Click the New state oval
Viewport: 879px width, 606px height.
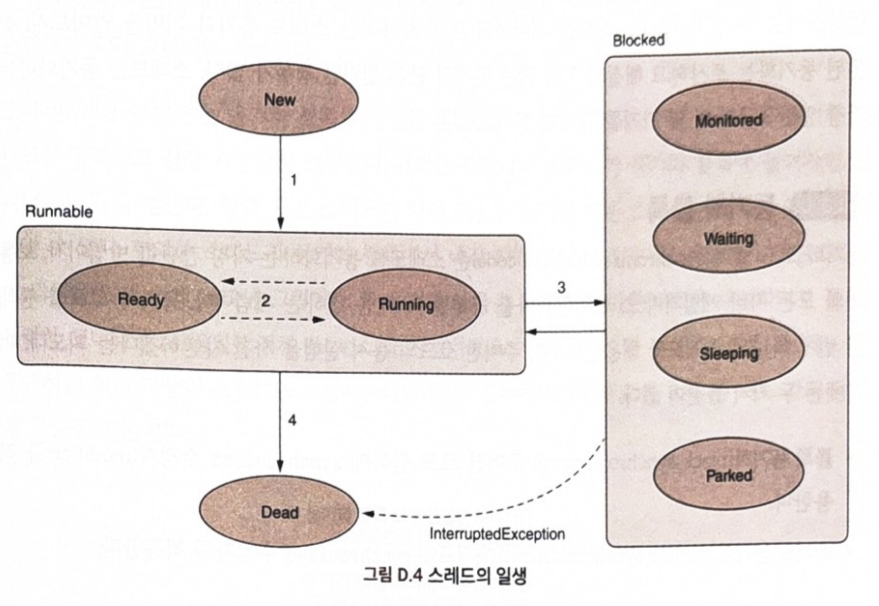click(279, 100)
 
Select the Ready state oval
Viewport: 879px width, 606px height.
click(140, 299)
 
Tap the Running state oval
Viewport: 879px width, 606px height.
click(405, 304)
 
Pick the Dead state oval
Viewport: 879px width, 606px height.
click(279, 512)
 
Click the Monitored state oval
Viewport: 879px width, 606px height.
click(728, 120)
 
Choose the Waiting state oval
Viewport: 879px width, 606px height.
click(728, 238)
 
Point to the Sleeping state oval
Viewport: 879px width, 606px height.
click(728, 354)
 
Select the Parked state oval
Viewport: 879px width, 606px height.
click(728, 475)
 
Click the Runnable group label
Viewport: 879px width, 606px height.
click(59, 212)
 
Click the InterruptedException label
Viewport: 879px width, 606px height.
click(497, 534)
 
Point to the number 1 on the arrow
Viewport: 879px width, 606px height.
click(293, 180)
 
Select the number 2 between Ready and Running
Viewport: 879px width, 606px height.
click(265, 301)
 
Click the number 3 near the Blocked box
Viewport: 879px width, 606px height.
click(561, 287)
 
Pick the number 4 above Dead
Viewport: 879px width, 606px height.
click(292, 420)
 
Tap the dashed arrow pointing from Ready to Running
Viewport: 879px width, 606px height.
click(273, 319)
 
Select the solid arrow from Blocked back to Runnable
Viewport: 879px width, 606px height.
click(565, 331)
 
